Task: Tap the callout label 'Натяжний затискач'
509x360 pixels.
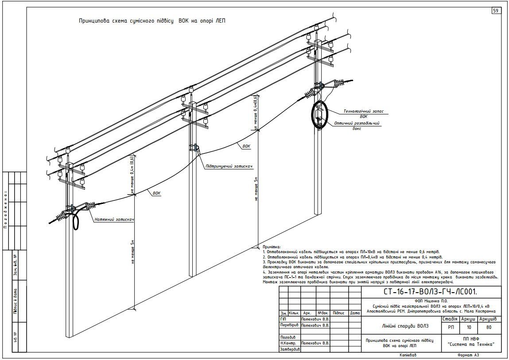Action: tap(114, 219)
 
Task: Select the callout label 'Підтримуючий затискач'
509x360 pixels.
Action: tap(229, 167)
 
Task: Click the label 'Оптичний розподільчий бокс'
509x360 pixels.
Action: tap(358, 126)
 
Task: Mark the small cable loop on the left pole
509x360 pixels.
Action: tap(76, 220)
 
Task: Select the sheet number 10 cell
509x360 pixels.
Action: tap(469, 328)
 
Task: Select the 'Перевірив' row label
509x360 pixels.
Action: tap(288, 325)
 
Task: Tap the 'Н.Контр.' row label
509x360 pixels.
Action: tap(288, 343)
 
